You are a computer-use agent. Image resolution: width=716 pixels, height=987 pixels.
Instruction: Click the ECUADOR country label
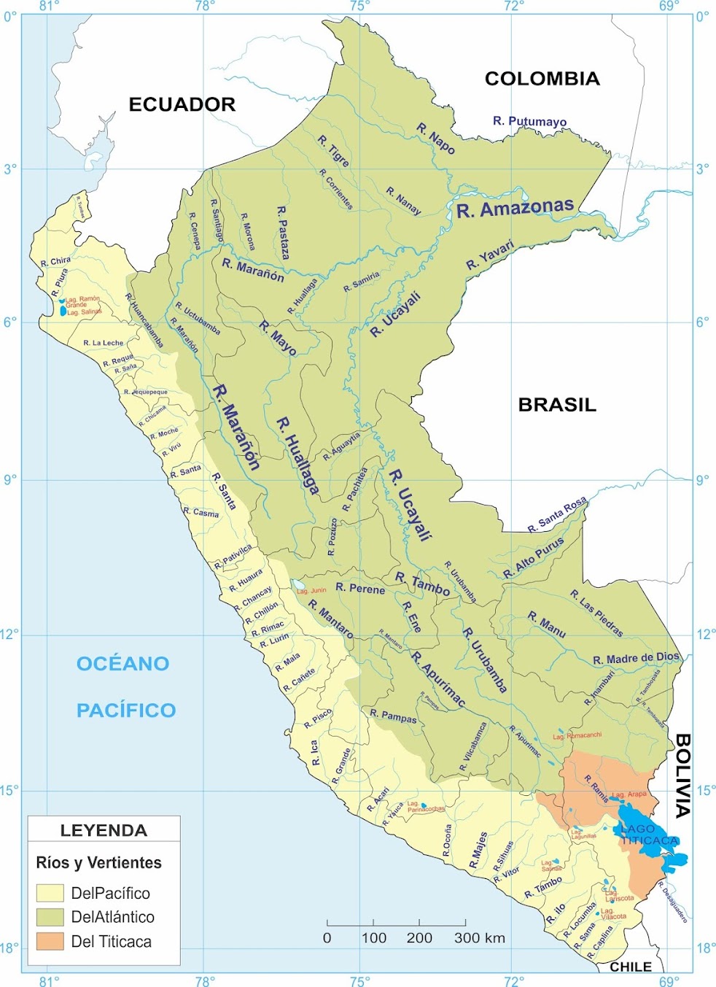[182, 104]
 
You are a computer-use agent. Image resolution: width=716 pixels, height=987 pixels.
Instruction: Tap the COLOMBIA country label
[542, 79]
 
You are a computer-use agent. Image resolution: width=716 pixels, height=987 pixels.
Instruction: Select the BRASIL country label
[557, 405]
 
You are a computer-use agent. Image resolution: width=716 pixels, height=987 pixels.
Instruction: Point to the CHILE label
[631, 967]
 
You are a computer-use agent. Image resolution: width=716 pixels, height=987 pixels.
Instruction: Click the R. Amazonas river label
[515, 209]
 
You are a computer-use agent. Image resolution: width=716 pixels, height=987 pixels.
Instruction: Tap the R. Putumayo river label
[529, 121]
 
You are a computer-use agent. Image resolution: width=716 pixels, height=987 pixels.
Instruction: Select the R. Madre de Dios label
[636, 659]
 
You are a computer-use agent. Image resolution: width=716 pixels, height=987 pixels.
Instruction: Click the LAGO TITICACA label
[648, 835]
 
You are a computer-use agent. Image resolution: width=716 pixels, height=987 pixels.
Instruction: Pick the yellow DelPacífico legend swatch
[50, 893]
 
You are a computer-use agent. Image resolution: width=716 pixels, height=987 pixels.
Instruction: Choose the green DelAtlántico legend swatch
[50, 917]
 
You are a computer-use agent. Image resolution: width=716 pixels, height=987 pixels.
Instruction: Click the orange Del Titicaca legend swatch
[50, 941]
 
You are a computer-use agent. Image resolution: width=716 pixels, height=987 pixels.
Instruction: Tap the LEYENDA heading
[104, 830]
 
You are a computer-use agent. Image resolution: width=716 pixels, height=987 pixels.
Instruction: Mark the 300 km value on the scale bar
[479, 938]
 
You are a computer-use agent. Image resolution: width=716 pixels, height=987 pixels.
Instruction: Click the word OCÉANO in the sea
[122, 664]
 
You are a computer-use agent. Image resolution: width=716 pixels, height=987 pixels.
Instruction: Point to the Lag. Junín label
[311, 590]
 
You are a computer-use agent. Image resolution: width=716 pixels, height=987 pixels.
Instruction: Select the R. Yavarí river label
[490, 254]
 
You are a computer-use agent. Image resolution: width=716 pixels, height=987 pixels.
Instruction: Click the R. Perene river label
[359, 588]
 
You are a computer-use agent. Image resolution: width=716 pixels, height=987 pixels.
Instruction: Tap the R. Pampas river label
[393, 716]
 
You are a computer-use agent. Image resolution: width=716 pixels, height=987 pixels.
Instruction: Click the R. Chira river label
[55, 261]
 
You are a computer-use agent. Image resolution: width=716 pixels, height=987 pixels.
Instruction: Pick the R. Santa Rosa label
[558, 515]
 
